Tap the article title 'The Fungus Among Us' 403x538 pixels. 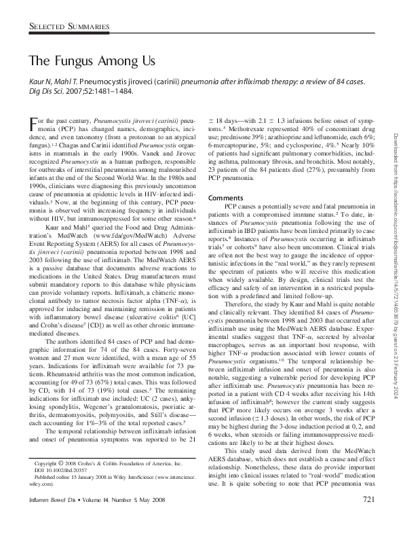point(92,60)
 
